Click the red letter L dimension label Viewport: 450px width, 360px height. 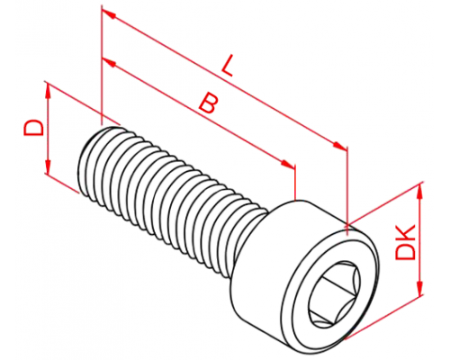228,65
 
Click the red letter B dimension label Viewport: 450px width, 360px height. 208,103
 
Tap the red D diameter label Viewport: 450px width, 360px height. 33,128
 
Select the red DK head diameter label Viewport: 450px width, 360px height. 405,242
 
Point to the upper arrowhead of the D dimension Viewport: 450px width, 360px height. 48,91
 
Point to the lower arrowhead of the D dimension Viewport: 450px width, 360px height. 48,166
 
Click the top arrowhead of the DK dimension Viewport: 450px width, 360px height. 420,191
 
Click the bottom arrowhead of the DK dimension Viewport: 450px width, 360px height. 420,289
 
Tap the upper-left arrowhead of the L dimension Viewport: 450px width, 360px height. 108,13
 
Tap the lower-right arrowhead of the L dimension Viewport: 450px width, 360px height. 340,146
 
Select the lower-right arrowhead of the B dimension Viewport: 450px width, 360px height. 288,165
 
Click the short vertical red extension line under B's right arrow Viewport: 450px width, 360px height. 295,182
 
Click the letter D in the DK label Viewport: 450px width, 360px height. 405,251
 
